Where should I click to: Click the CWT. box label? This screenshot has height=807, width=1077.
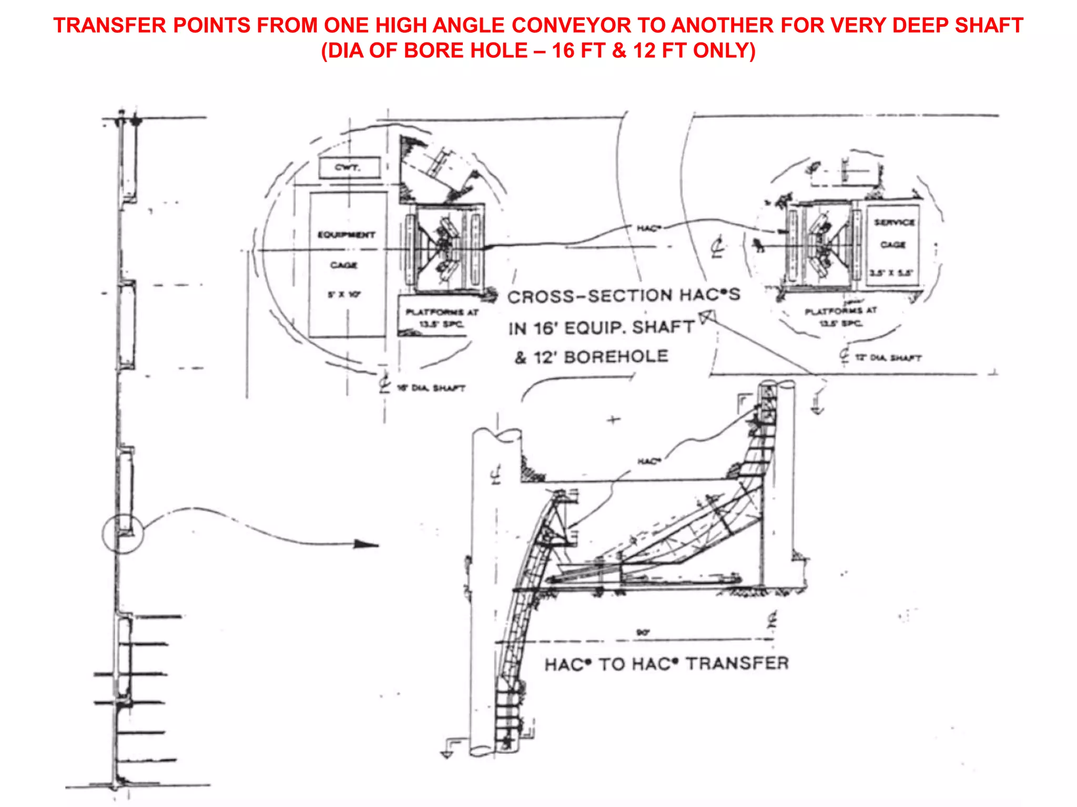pyautogui.click(x=348, y=168)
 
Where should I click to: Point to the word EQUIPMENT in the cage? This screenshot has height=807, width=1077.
pyautogui.click(x=346, y=234)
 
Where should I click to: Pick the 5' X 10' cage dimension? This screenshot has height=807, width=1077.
pyautogui.click(x=344, y=295)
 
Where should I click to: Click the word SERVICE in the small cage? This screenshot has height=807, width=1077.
pyautogui.click(x=894, y=222)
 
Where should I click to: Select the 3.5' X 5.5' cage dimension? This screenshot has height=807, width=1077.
pyautogui.click(x=892, y=273)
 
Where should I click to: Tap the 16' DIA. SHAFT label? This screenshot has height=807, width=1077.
pyautogui.click(x=431, y=388)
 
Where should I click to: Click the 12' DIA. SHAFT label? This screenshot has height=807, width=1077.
pyautogui.click(x=888, y=358)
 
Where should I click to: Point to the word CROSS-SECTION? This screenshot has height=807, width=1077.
pyautogui.click(x=588, y=296)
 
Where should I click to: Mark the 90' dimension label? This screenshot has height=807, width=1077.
pyautogui.click(x=643, y=633)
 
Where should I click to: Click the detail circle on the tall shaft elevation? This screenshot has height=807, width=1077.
pyautogui.click(x=123, y=534)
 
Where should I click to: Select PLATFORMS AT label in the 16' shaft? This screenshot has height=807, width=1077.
pyautogui.click(x=442, y=312)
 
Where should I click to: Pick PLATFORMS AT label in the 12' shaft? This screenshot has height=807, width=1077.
pyautogui.click(x=840, y=311)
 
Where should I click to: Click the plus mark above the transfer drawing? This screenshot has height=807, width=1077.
pyautogui.click(x=614, y=420)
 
